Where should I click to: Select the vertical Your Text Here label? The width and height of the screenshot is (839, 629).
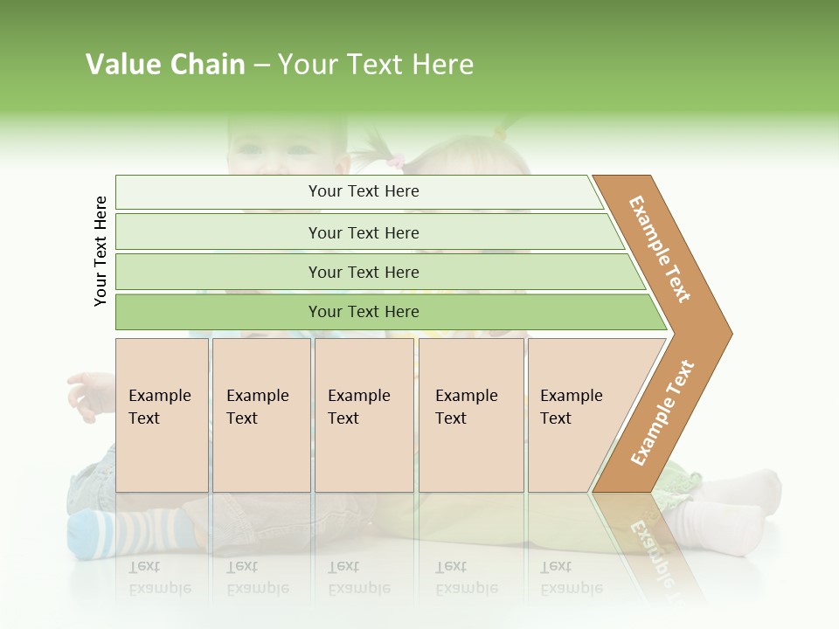click(x=101, y=251)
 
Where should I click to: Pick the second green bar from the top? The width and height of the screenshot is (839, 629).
click(x=363, y=232)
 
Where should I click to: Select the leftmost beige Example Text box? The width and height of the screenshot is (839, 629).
click(x=162, y=415)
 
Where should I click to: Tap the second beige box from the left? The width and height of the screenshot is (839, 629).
click(x=261, y=415)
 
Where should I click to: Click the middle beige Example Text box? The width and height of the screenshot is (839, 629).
click(x=364, y=415)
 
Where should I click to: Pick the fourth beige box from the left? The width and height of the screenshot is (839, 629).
click(x=470, y=415)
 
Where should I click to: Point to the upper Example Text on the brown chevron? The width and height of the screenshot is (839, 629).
click(x=661, y=249)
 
